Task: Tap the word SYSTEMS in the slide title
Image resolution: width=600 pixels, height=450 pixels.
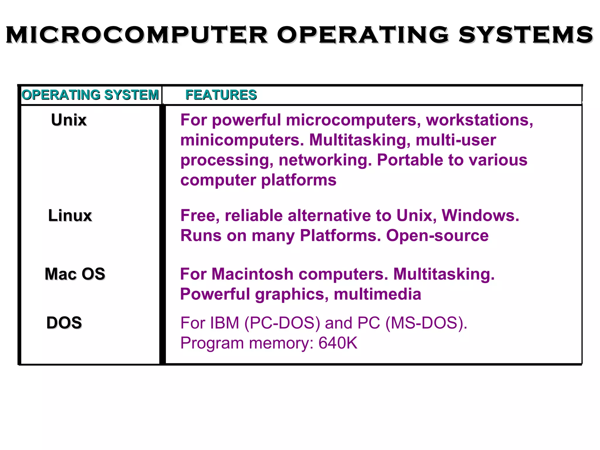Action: point(526,35)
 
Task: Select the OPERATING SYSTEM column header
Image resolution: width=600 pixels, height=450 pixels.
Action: point(90,95)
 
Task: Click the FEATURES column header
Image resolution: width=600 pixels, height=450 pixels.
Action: point(221,95)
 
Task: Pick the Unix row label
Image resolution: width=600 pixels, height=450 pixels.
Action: point(69,120)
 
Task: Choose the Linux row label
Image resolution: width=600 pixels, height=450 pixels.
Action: point(70,216)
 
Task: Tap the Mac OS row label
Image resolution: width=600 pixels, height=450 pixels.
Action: point(75,274)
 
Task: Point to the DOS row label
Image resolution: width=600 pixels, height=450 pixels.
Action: point(64,323)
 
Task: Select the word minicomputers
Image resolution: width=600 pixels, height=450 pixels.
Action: point(242,140)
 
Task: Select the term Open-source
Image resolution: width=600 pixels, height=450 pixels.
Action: point(437,236)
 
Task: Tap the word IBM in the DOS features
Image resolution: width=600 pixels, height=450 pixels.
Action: point(225,323)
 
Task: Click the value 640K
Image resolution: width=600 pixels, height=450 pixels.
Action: point(338,343)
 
